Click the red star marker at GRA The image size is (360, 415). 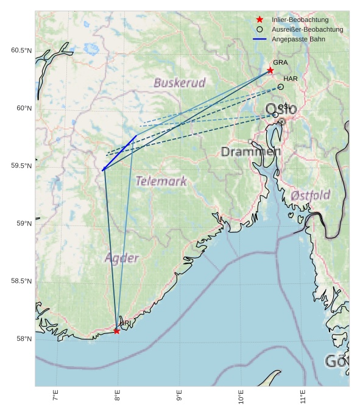[270, 71]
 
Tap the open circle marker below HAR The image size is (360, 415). [280, 87]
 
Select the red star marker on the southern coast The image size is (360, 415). [116, 331]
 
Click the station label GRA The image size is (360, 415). [280, 63]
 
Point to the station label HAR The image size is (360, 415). [291, 79]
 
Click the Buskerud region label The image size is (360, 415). [179, 83]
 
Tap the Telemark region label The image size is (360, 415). [161, 181]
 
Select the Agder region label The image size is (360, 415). [122, 258]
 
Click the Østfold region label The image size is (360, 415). [310, 196]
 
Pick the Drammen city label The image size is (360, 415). [251, 152]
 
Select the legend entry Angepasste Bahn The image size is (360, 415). [298, 39]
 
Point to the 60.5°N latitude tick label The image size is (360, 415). [21, 51]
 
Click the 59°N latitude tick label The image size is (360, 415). [23, 224]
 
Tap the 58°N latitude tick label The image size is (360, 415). [23, 339]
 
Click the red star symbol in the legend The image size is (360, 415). [259, 20]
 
